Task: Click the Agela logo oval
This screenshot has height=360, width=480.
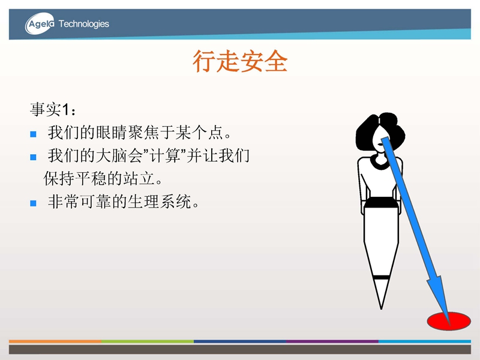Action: pos(40,23)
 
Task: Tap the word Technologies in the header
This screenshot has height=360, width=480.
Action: pos(84,24)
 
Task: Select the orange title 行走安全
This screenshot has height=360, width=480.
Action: pos(240,61)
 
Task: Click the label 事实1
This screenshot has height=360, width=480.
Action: pos(53,109)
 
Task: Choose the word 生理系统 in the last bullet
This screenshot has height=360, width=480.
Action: pos(159,202)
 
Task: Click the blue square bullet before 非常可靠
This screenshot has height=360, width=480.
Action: pos(34,203)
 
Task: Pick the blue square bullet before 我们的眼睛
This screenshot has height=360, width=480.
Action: pos(34,134)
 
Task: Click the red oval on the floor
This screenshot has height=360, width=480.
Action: pos(449,321)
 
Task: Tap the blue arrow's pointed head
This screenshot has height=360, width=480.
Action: pos(449,325)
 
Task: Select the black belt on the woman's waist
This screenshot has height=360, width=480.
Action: pos(380,202)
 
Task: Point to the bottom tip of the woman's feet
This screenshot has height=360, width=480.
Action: pos(381,309)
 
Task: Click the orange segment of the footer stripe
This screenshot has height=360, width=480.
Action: pos(55,341)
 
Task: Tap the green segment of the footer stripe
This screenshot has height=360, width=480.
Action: pos(148,341)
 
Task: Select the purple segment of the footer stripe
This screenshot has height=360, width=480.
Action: pos(332,341)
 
